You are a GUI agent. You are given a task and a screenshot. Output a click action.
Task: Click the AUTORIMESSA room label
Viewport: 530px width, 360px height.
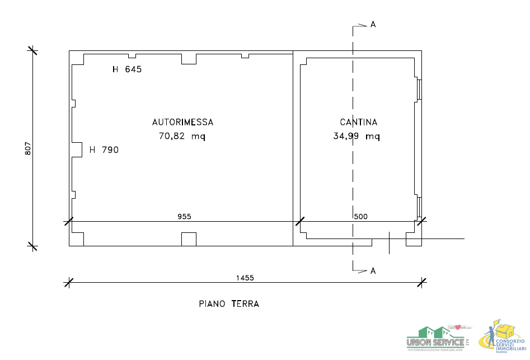coord(182,122)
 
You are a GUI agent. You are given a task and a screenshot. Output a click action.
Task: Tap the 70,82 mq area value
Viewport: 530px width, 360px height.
coord(182,136)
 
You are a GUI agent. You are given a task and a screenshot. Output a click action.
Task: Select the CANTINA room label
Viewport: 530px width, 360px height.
coord(358,122)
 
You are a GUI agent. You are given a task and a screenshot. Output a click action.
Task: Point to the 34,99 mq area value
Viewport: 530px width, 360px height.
coord(357,136)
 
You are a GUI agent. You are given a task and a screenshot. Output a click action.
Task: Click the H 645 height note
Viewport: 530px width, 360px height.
coord(127,70)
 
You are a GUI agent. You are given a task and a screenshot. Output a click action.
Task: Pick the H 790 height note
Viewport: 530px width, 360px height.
coord(104,150)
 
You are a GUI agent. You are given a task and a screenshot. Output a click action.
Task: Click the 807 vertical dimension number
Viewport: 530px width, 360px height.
coord(28,148)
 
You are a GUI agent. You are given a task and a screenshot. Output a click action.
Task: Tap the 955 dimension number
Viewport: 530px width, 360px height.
coord(184,217)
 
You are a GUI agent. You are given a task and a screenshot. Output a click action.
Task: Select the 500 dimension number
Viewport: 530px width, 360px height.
coord(361,217)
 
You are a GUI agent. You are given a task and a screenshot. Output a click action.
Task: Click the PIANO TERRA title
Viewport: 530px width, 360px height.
coord(229,304)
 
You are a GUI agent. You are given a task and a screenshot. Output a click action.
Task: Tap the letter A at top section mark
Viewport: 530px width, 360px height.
coord(373,25)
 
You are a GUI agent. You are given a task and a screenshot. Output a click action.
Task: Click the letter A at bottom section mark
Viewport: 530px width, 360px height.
coord(373,271)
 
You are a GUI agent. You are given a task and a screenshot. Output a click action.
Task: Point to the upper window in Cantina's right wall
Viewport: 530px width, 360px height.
coord(419,90)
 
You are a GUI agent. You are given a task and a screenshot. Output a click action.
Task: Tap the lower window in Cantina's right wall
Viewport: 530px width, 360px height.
coord(419,207)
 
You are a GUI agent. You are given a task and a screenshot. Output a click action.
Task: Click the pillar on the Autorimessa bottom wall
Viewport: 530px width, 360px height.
coord(189,239)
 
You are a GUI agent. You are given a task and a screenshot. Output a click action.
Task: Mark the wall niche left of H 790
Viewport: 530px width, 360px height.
coord(77,149)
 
